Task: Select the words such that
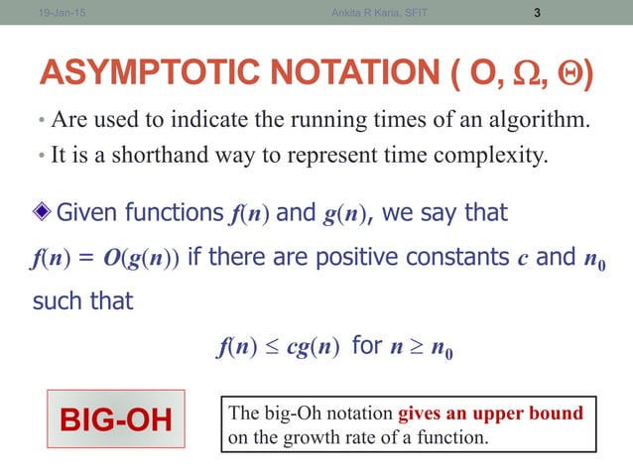[82, 300]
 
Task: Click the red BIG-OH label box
[116, 419]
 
